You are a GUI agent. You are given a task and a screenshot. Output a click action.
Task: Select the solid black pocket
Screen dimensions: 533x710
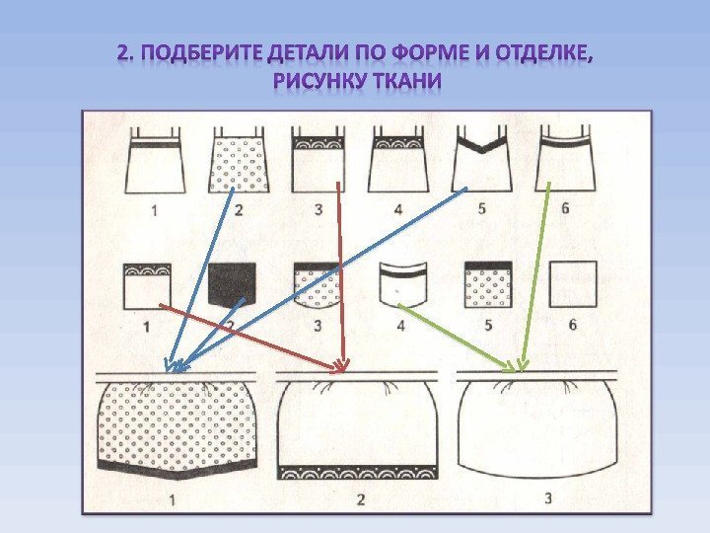tap(231, 285)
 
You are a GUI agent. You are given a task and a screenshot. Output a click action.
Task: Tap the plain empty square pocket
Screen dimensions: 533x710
tap(573, 285)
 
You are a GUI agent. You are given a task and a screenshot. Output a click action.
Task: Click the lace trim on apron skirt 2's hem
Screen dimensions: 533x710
tap(359, 464)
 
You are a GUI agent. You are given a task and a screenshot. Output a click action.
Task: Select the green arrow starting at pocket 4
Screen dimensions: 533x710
tap(458, 336)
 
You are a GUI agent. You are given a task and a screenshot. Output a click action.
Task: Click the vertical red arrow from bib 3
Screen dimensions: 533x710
tap(340, 276)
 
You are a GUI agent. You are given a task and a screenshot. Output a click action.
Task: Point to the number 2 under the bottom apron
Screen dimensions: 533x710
tap(361, 499)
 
